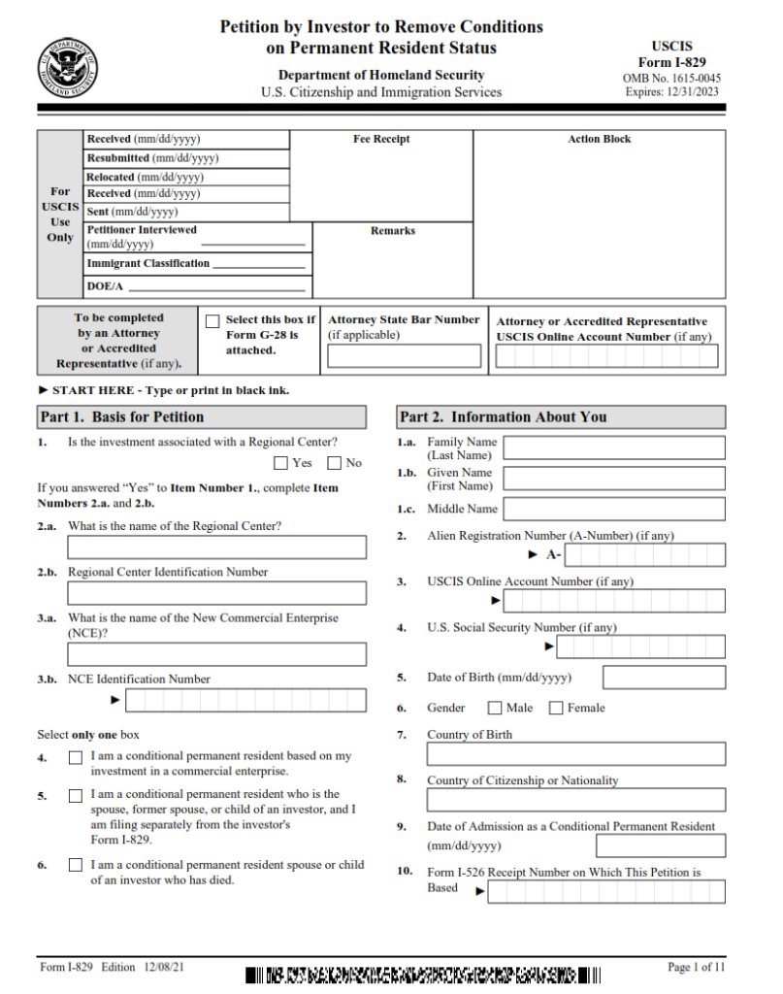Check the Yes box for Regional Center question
pos(281,463)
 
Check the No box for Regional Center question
pos(335,463)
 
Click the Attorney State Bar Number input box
pos(404,356)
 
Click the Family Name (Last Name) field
pos(614,447)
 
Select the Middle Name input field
pos(614,509)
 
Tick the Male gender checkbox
pos(495,708)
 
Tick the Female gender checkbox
pos(556,708)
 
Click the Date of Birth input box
pos(664,677)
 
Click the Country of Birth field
pos(576,754)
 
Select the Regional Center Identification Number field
pos(203,593)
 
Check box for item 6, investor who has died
pos(76,865)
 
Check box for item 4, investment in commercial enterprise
pos(76,756)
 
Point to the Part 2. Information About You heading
pos(503,417)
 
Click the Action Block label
pos(599,140)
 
